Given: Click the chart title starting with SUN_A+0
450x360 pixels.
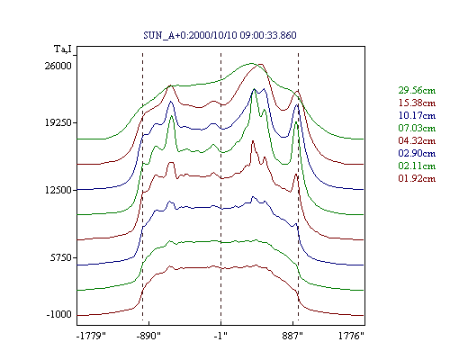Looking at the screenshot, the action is click(x=220, y=35).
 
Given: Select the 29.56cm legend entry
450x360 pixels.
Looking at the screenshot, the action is click(x=417, y=90).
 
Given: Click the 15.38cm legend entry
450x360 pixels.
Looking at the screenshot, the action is click(x=417, y=103).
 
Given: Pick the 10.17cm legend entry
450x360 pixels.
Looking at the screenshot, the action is click(x=417, y=115).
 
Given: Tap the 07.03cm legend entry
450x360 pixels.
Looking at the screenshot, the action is click(x=417, y=128).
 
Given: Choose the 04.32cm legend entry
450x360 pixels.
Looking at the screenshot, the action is click(x=417, y=140).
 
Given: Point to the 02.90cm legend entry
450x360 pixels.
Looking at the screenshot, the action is click(x=417, y=153).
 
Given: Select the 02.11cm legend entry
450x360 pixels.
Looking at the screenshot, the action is click(x=417, y=166).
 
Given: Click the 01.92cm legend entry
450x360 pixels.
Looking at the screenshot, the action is click(x=417, y=178).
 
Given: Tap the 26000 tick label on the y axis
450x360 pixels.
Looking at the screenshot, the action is click(x=58, y=66).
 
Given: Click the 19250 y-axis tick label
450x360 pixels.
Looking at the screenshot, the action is click(x=58, y=122).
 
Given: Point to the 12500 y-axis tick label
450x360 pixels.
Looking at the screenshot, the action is click(x=58, y=190).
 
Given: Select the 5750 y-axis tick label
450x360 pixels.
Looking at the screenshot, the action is click(x=61, y=257).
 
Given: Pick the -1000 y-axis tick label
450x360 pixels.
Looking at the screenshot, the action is click(x=59, y=314).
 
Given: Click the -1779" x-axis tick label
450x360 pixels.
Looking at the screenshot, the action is click(x=91, y=336).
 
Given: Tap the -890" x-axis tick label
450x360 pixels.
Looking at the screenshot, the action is click(x=148, y=336).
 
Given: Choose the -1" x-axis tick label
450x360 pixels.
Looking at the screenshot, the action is click(x=220, y=336).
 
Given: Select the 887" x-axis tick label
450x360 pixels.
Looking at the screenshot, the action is click(x=292, y=336).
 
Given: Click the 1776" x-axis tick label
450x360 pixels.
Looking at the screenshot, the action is click(x=351, y=336).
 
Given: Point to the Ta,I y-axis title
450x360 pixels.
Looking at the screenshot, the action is click(x=63, y=49).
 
